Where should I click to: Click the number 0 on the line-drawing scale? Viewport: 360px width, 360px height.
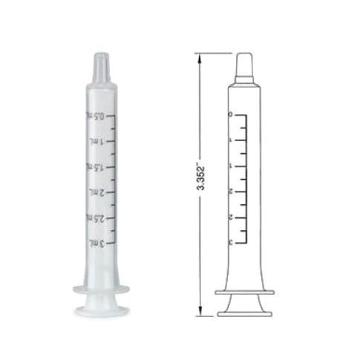pyautogui.click(x=232, y=116)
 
